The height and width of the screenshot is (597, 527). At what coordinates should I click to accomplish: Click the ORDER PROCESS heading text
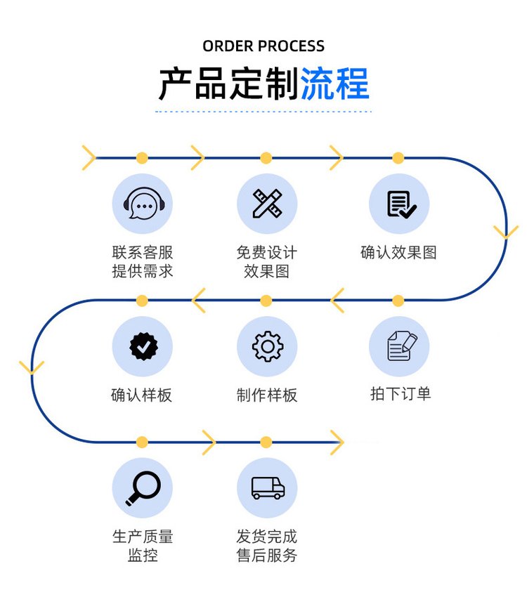(x=263, y=46)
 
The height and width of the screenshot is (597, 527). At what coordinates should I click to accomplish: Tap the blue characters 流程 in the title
(x=335, y=84)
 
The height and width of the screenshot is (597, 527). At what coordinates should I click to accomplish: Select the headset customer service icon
(x=143, y=204)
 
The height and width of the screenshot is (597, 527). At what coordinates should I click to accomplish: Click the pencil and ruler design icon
(x=267, y=204)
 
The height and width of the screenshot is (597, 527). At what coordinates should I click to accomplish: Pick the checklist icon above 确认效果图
(x=399, y=204)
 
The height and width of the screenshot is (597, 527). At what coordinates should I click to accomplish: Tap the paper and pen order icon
(x=399, y=346)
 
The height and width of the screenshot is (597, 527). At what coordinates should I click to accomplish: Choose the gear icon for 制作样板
(x=267, y=346)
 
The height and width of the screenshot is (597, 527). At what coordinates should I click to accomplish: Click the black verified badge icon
(x=143, y=346)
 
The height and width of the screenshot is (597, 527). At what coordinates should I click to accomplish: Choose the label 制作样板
(x=267, y=395)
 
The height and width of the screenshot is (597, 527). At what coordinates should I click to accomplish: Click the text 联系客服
(x=142, y=253)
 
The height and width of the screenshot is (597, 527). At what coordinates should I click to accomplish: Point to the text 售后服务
(x=267, y=556)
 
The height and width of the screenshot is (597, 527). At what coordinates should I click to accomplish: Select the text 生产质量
(x=143, y=537)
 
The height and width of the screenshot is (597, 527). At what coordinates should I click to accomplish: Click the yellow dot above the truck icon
(x=266, y=442)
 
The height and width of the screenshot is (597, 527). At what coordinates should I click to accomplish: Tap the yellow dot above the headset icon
(x=142, y=157)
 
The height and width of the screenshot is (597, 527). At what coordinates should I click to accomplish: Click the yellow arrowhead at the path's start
(x=89, y=157)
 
